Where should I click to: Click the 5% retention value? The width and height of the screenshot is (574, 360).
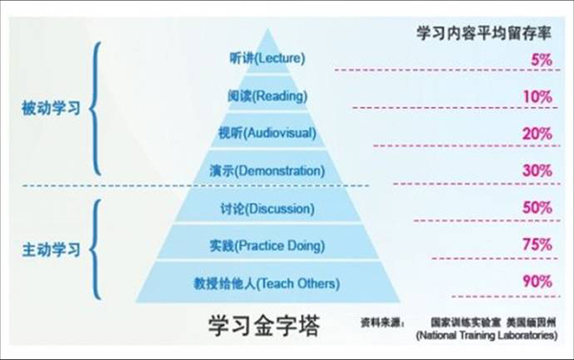(x=539, y=59)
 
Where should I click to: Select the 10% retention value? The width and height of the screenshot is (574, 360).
(x=538, y=97)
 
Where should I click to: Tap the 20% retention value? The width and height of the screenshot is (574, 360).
(x=538, y=134)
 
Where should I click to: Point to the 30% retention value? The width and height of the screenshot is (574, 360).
(x=538, y=170)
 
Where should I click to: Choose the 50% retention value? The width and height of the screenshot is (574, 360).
(x=538, y=208)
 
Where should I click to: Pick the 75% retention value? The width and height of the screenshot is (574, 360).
(x=538, y=245)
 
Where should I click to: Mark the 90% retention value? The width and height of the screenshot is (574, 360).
(x=538, y=281)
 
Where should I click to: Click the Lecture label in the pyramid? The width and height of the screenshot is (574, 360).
(x=267, y=59)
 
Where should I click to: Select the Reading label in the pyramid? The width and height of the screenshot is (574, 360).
(x=267, y=96)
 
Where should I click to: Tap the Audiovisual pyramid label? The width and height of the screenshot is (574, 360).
(x=267, y=133)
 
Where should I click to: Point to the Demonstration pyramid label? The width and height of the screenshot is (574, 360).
(x=267, y=170)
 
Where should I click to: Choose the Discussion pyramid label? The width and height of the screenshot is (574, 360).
(x=267, y=208)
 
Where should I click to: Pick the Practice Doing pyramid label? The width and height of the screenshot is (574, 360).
(x=267, y=245)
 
